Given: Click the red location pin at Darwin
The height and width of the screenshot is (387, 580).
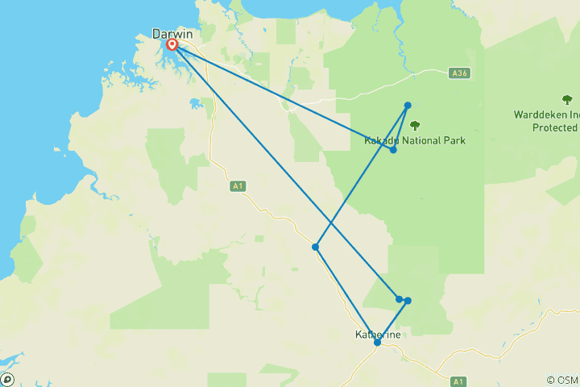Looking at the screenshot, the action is (x=172, y=44).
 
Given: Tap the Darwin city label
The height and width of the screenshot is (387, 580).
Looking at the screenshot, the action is (x=172, y=34).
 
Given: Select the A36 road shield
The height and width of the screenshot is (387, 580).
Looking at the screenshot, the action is (x=459, y=73).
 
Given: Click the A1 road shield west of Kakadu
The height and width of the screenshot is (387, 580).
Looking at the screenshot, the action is (x=237, y=186).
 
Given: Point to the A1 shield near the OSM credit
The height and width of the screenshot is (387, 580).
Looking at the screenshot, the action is (x=458, y=381).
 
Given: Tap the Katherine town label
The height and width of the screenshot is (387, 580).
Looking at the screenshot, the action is (x=378, y=335).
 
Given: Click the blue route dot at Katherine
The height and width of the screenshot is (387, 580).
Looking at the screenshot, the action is (x=377, y=343).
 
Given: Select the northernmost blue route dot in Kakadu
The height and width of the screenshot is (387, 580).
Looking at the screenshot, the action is (x=408, y=106).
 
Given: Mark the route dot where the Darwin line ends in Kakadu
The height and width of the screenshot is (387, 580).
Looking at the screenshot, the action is (x=393, y=149).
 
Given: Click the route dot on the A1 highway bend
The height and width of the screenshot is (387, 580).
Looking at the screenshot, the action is (x=316, y=247).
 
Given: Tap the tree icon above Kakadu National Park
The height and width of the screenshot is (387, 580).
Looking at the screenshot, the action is (x=415, y=125).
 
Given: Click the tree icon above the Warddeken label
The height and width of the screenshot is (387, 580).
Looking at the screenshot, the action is (x=566, y=100).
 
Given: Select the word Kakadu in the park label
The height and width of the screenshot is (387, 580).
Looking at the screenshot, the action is (x=381, y=140).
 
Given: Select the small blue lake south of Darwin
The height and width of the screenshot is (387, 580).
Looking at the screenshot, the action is (x=194, y=104).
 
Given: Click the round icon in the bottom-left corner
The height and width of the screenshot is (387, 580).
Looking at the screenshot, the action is (x=7, y=379).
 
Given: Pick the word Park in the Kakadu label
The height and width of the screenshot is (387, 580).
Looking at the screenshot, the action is (x=454, y=140).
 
